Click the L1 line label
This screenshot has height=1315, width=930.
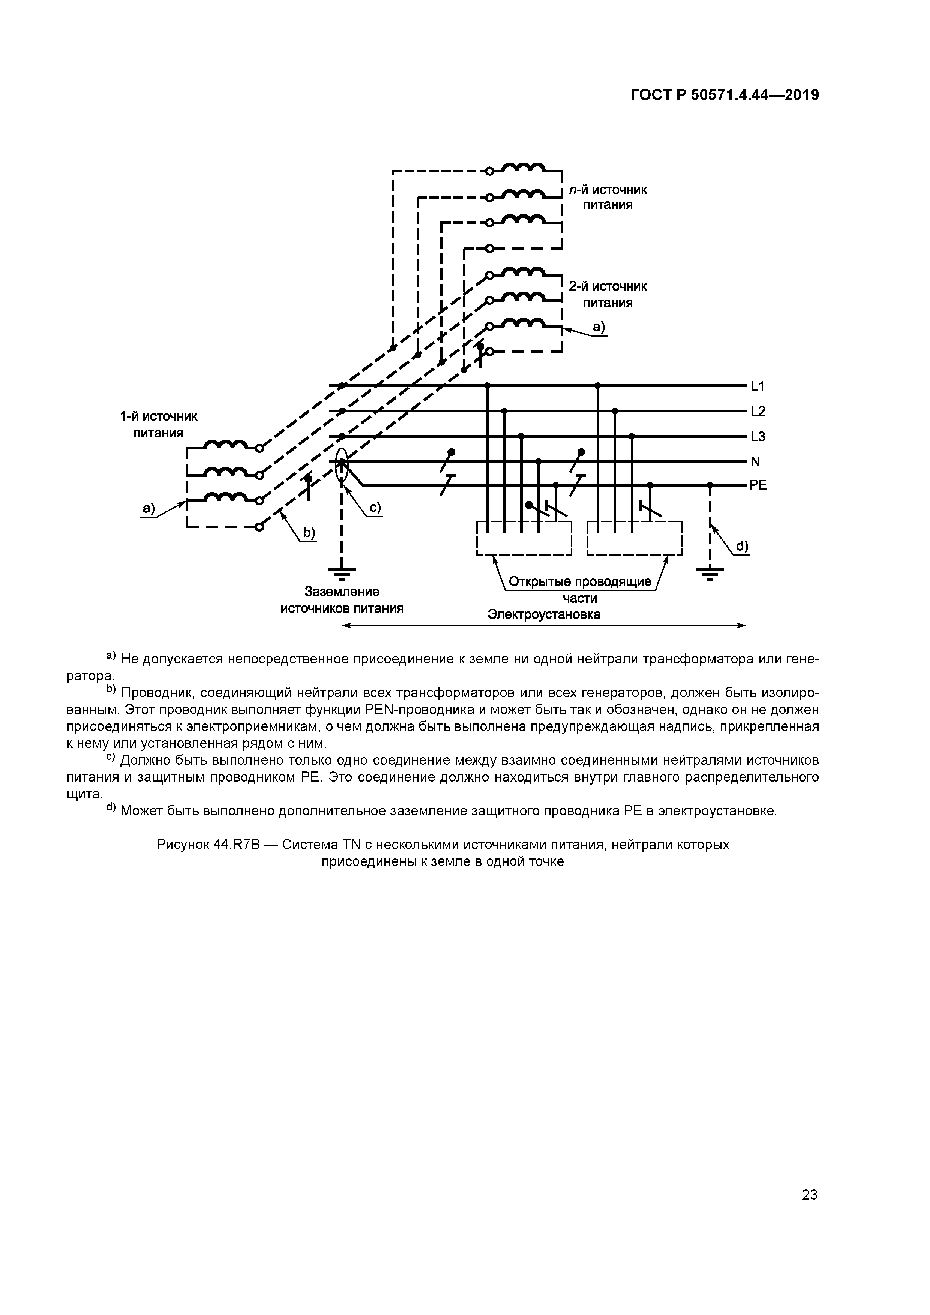(x=757, y=386)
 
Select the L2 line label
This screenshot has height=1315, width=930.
(x=757, y=411)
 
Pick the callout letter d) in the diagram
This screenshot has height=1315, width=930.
(x=742, y=547)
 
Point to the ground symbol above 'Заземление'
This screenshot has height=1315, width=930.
(x=342, y=572)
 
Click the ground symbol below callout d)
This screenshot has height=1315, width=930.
(x=710, y=572)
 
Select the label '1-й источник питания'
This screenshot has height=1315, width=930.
(x=158, y=424)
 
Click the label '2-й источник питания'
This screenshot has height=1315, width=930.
(x=607, y=294)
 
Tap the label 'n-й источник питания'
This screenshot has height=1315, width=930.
(x=607, y=197)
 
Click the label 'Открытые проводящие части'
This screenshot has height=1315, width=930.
(x=580, y=589)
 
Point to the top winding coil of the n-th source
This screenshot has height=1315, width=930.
(x=524, y=168)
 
